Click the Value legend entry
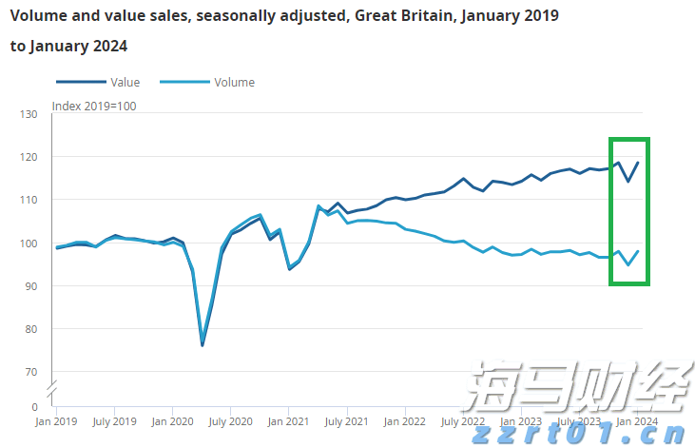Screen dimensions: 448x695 [x=124, y=83]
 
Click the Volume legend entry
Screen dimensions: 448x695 [x=234, y=83]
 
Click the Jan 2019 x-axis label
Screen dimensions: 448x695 [x=56, y=420]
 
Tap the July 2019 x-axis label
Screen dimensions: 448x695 [x=114, y=420]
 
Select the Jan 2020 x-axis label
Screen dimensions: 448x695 [x=172, y=420]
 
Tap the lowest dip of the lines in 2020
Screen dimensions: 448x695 [x=203, y=344]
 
